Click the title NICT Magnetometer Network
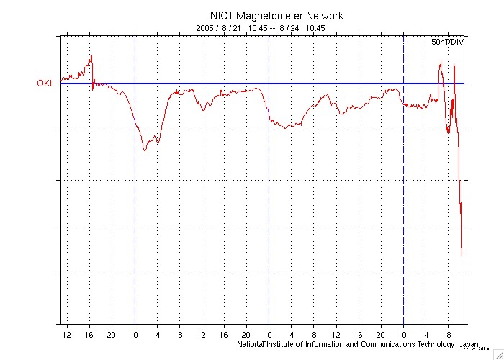pyautogui.click(x=276, y=15)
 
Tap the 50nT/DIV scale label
pyautogui.click(x=448, y=43)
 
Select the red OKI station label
pyautogui.click(x=45, y=84)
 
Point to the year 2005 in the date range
pyautogui.click(x=207, y=28)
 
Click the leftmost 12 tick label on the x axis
pyautogui.click(x=67, y=334)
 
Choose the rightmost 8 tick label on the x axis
pyautogui.click(x=449, y=334)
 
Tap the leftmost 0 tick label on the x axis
pyautogui.click(x=135, y=334)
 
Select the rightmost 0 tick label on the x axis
pyautogui.click(x=403, y=334)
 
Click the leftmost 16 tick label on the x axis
pyautogui.click(x=89, y=334)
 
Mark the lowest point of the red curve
pyautogui.click(x=462, y=256)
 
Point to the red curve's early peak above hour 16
pyautogui.click(x=91, y=56)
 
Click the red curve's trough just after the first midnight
pyautogui.click(x=145, y=150)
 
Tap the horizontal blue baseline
pyautogui.click(x=216, y=84)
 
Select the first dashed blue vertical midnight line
pyautogui.click(x=135, y=216)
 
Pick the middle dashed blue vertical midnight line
pyautogui.click(x=269, y=216)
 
